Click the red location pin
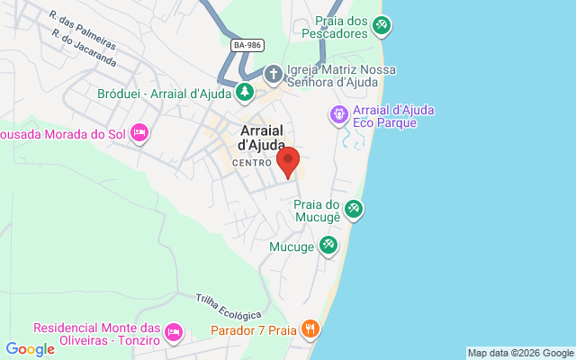click(288, 163)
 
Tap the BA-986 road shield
click(247, 44)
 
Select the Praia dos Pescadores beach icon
click(382, 27)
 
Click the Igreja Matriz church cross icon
click(274, 72)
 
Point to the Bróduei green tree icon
click(244, 92)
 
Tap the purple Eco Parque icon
click(338, 114)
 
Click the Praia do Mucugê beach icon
click(355, 210)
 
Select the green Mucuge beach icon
click(328, 245)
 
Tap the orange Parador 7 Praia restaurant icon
click(310, 328)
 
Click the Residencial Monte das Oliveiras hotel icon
click(175, 333)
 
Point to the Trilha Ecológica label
click(228, 306)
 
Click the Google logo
click(30, 349)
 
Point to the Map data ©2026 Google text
click(520, 353)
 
